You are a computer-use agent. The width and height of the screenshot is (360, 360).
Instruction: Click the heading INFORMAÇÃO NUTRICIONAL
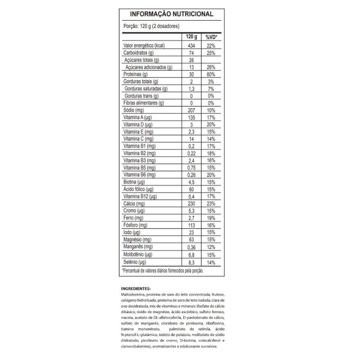tap(171, 14)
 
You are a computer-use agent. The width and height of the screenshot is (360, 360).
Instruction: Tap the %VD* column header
tap(211, 37)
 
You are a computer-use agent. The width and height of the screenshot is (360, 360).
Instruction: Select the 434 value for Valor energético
tap(192, 46)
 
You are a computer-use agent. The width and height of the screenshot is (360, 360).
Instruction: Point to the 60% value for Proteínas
tap(211, 74)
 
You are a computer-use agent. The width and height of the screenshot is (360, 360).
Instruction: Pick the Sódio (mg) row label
tap(133, 110)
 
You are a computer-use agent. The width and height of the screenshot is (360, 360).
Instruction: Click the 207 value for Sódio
tap(192, 110)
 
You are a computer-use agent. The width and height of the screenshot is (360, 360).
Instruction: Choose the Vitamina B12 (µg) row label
tap(140, 197)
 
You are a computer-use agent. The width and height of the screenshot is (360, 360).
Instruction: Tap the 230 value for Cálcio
tap(192, 204)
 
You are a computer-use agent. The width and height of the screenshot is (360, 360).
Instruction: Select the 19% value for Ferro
tap(211, 218)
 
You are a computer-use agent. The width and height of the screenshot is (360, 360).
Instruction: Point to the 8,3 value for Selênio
tap(192, 261)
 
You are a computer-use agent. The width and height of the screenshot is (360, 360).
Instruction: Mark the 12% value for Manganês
tap(211, 247)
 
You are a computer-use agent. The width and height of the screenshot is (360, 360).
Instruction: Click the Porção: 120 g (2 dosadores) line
tap(151, 26)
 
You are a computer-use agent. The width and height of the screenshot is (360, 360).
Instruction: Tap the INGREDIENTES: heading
tap(136, 288)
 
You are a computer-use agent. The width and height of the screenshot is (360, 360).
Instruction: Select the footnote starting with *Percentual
tap(163, 270)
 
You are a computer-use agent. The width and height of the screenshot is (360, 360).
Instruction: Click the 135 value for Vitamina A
tap(192, 117)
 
